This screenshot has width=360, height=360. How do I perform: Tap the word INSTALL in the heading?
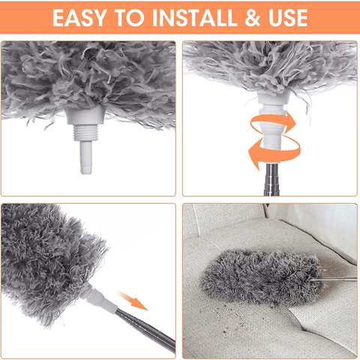coord(194,18)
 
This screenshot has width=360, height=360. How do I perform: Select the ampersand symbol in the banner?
coord(253,18)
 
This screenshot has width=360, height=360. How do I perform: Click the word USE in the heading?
coord(288,18)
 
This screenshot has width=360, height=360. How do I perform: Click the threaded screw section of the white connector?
coord(85,133)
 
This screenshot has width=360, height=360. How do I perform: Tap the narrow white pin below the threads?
coord(86,157)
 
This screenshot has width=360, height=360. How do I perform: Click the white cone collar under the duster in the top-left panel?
coord(85,115)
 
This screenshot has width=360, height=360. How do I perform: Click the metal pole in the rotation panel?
coord(271,178)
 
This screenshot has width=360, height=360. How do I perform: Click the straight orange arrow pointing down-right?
coord(133,301)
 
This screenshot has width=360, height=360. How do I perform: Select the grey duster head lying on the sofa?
coord(261,277)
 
